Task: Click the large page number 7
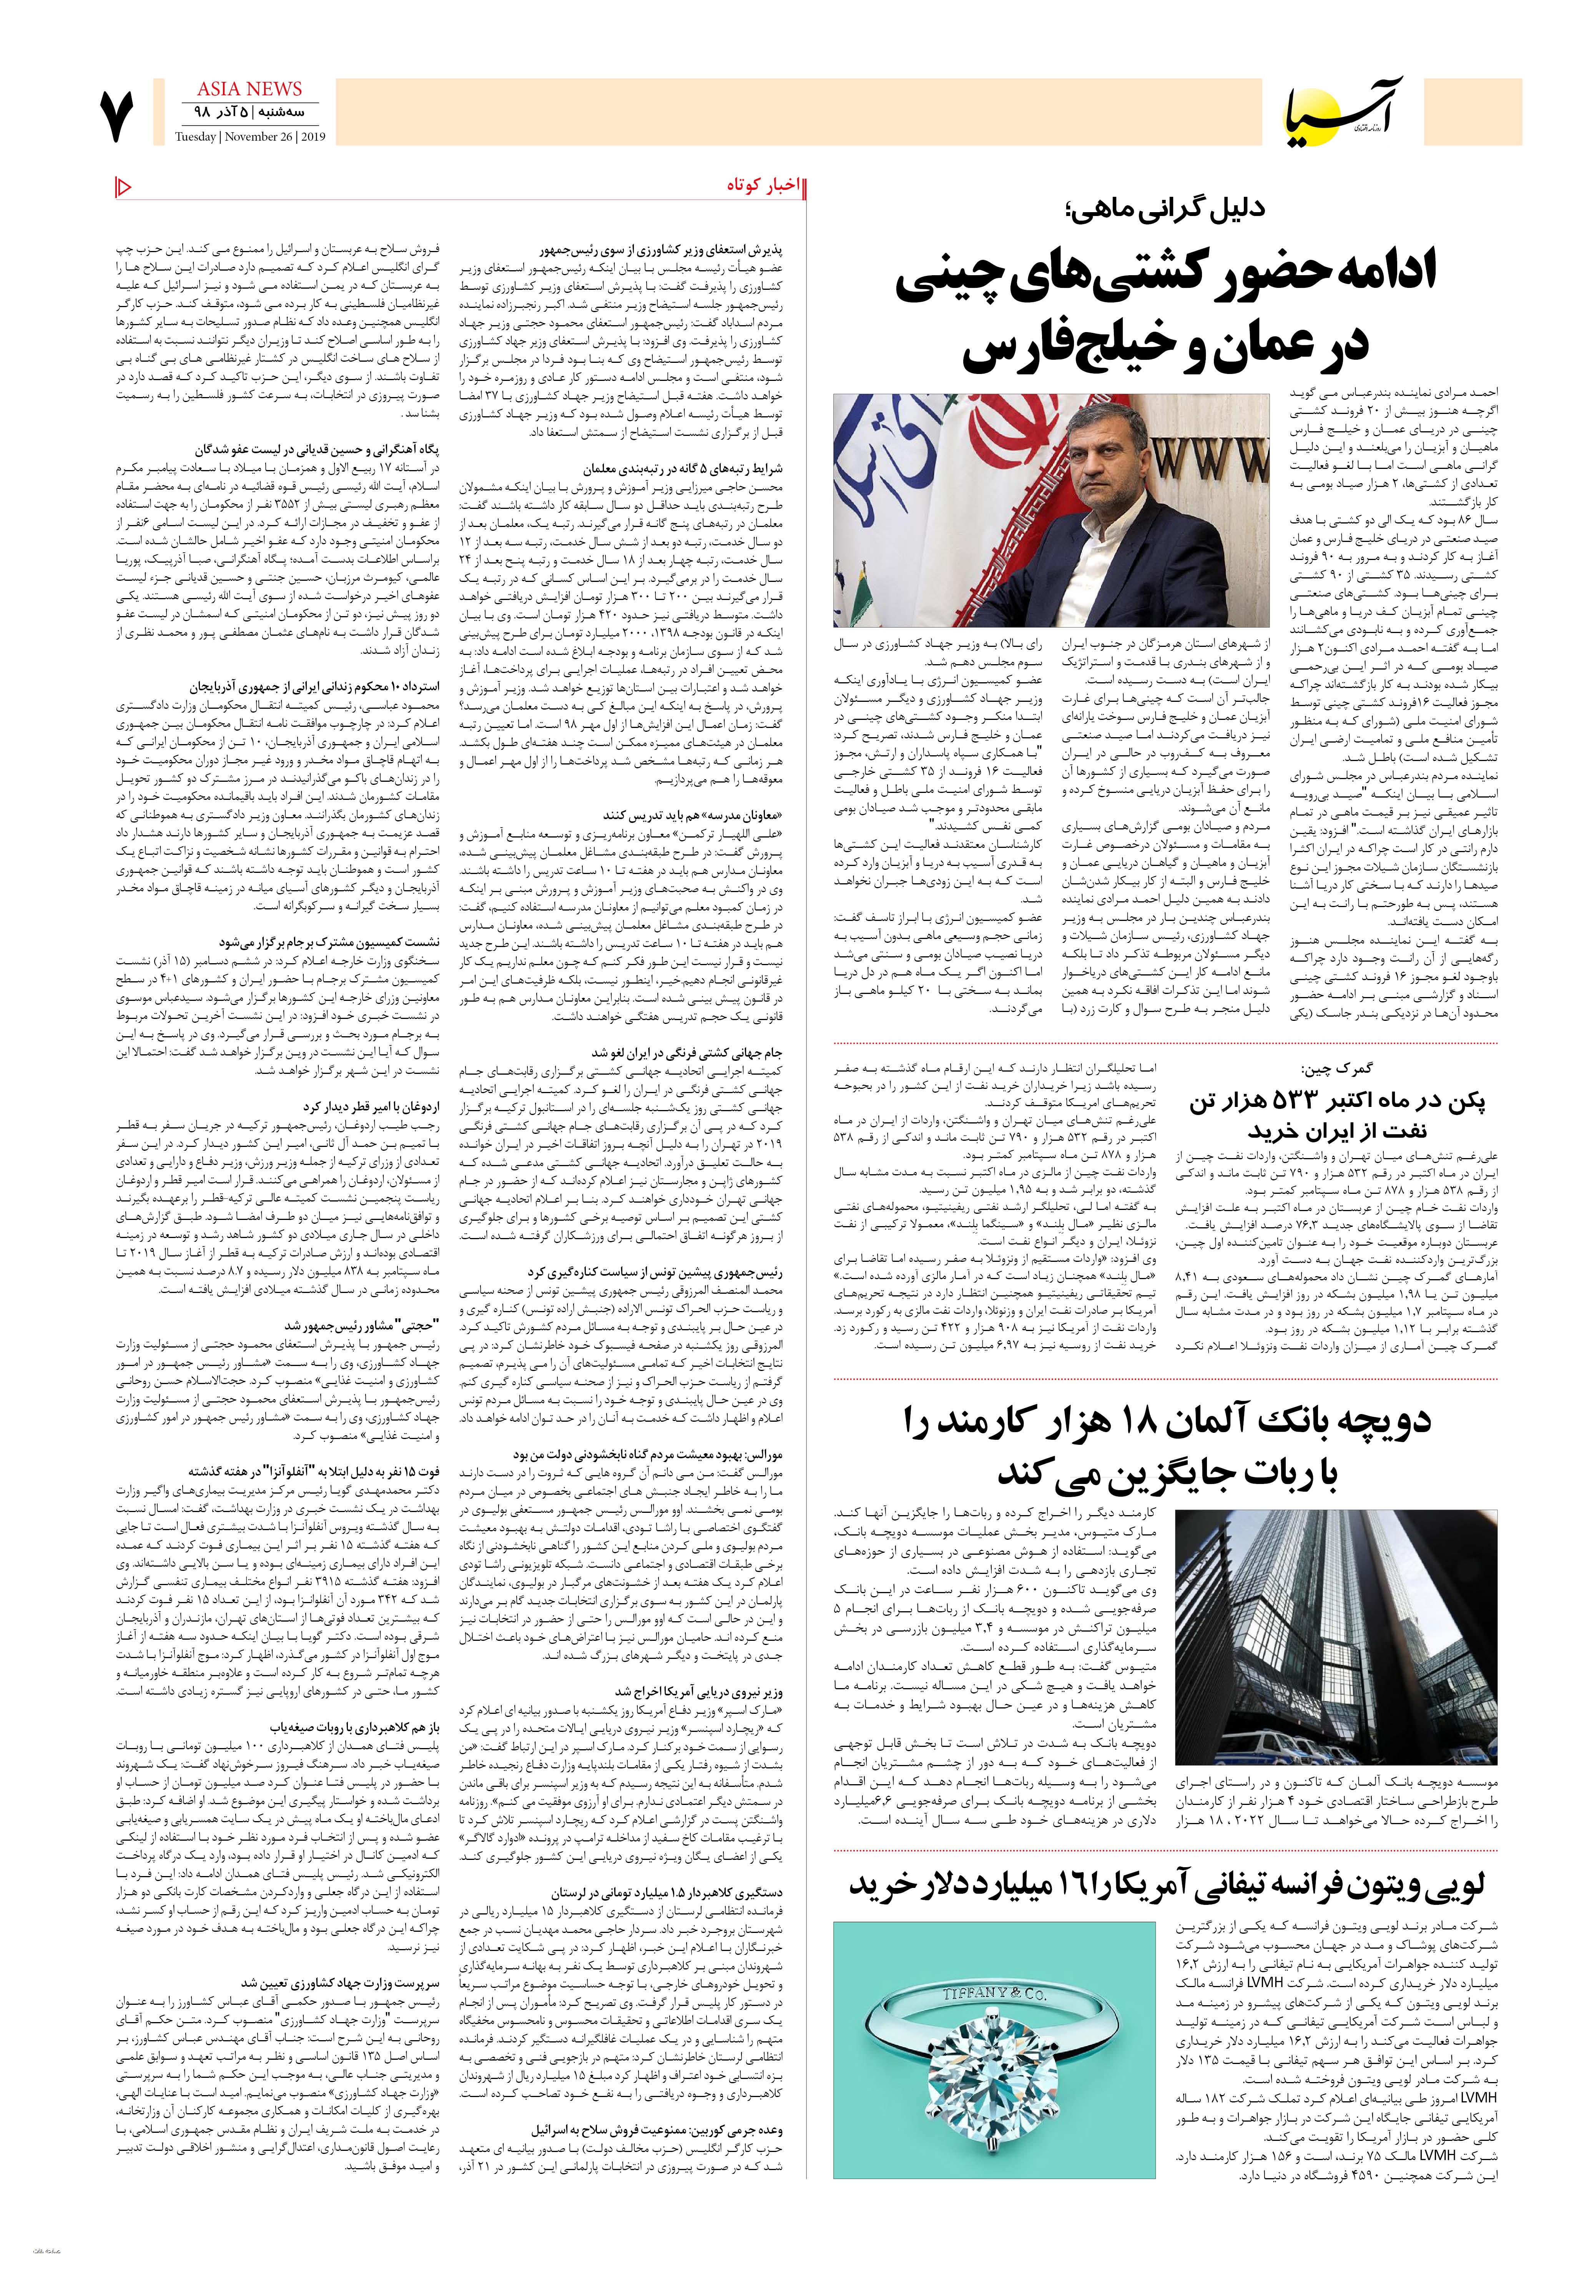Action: [115, 116]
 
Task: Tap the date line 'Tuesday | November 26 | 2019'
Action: [250, 138]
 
